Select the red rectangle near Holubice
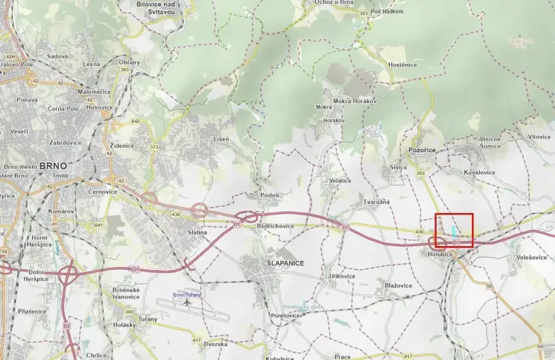[454, 230]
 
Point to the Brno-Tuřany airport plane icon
[186, 302]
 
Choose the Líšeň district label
[221, 139]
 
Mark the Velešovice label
[532, 257]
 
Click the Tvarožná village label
[377, 202]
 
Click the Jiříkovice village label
[341, 275]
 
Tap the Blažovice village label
[398, 285]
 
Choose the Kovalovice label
[480, 172]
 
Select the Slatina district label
[198, 232]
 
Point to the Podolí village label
[268, 195]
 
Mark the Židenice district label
[122, 145]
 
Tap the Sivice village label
[398, 166]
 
